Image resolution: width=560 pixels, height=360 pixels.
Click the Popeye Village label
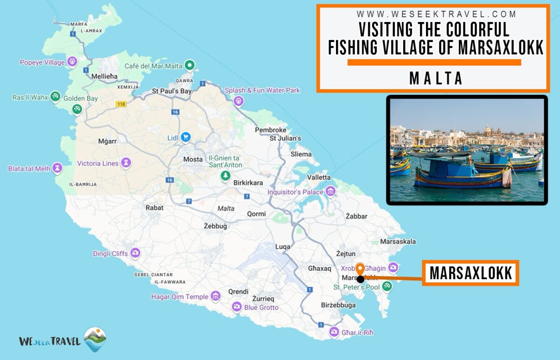(x=42, y=63)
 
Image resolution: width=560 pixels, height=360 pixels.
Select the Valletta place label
(x=319, y=177)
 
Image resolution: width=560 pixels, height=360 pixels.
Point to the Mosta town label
(x=193, y=159)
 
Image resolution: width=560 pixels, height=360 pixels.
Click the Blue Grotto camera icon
(x=237, y=307)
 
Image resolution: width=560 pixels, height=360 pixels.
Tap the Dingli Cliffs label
(x=110, y=254)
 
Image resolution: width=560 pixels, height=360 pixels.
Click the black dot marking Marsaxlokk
(x=360, y=279)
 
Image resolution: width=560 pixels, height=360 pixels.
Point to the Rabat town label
(x=154, y=208)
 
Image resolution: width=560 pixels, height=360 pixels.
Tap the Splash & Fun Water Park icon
(x=239, y=100)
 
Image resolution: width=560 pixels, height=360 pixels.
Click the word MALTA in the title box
(x=436, y=78)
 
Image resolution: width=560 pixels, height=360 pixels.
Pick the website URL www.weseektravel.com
(x=436, y=14)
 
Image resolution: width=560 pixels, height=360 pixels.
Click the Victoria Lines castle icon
(x=126, y=163)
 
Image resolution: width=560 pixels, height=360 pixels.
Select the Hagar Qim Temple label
(x=180, y=296)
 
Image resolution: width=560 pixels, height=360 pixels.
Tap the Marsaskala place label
(x=398, y=241)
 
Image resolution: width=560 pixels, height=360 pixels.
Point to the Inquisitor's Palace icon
(x=330, y=191)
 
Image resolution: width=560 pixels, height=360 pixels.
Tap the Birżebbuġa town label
(x=338, y=305)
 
